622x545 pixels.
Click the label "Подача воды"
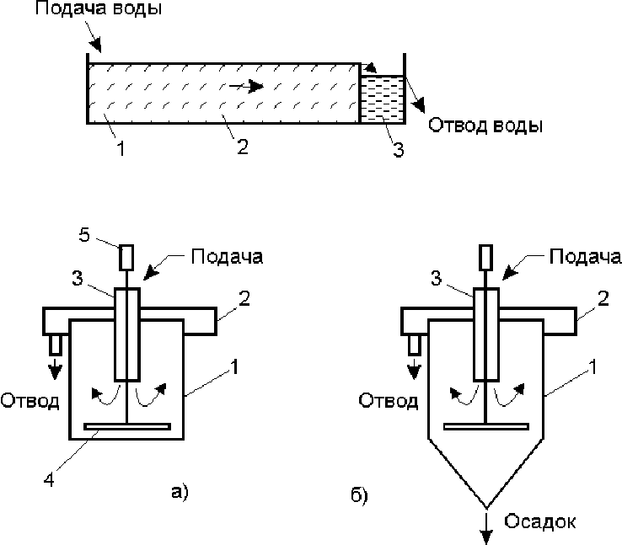tap(99, 8)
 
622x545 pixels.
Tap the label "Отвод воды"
tap(485, 126)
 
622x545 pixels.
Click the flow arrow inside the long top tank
tap(246, 86)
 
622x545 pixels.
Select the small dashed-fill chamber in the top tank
tap(382, 99)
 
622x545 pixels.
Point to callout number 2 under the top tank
tap(243, 147)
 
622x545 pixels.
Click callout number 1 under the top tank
tap(121, 148)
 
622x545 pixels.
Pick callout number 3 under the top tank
tap(399, 150)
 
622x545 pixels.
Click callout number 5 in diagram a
tap(84, 235)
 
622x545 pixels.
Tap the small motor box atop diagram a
tap(126, 257)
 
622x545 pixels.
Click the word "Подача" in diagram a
tap(227, 257)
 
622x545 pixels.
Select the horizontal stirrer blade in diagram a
tap(127, 426)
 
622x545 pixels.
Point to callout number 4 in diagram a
tap(49, 480)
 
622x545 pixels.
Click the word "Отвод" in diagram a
tap(29, 401)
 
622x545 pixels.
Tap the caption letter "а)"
tap(180, 492)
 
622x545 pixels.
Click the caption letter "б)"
tap(360, 494)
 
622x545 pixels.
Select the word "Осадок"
tap(540, 521)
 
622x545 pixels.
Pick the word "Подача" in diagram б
tap(585, 257)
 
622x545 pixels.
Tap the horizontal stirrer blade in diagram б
tap(486, 426)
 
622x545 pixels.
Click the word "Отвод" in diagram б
tap(389, 401)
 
